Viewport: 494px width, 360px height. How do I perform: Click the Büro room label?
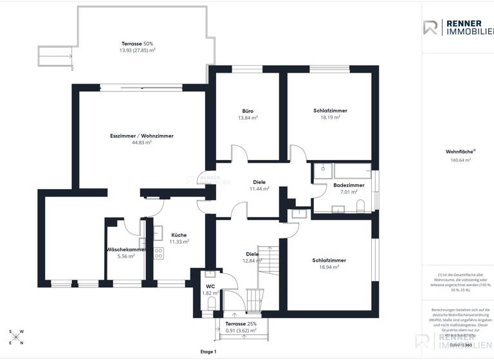pos(248,111)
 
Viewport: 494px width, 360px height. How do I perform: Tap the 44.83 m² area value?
pos(142,143)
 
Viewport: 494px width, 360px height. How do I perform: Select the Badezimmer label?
pos(349,185)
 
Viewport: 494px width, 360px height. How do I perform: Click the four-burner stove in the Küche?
pos(158,253)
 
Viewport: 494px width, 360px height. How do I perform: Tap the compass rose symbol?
pos(17,337)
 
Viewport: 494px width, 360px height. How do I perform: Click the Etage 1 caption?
pos(208,352)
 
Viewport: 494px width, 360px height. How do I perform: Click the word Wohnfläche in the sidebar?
pos(457,152)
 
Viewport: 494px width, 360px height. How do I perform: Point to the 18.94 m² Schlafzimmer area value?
pos(329,267)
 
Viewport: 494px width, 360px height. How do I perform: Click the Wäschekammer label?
pos(126,249)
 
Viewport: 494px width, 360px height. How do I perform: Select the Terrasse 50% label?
pos(137,43)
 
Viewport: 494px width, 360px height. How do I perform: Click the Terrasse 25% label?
pos(241,323)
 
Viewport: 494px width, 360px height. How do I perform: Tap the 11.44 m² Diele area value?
pos(259,189)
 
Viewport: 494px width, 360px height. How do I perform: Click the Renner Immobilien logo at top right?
pos(457,27)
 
